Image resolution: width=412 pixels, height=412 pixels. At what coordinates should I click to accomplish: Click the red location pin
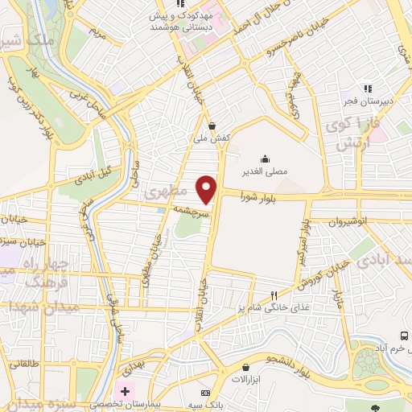(x=208, y=188)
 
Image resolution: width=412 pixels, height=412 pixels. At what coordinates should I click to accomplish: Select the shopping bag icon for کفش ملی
(x=212, y=125)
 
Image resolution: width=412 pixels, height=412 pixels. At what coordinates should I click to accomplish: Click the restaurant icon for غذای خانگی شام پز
(x=274, y=295)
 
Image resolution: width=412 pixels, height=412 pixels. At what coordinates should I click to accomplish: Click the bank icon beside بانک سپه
(x=204, y=392)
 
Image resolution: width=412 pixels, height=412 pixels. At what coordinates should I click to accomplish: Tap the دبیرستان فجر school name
(x=369, y=102)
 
